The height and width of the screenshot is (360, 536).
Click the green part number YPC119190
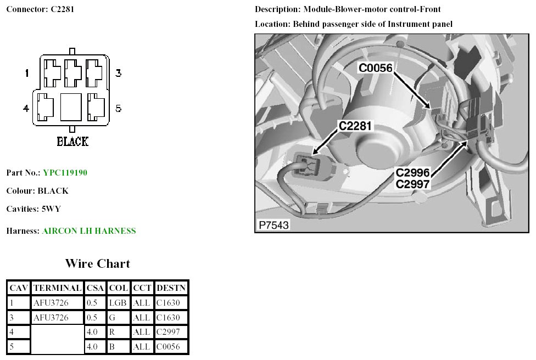tap(65, 173)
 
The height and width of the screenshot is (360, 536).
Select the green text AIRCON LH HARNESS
tap(89, 231)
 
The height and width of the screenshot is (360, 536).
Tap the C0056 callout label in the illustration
tap(376, 68)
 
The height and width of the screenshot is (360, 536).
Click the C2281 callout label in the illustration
tap(355, 126)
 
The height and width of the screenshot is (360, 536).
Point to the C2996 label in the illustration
tap(412, 173)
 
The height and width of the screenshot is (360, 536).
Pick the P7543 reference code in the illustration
tap(273, 225)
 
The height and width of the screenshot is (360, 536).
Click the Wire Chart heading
tap(98, 263)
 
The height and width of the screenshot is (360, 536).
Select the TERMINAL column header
tap(57, 288)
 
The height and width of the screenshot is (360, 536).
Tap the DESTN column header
tap(171, 288)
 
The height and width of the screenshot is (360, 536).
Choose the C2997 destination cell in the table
tap(171, 332)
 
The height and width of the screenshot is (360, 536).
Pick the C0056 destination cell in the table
tap(171, 347)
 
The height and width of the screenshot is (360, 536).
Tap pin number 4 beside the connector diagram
tap(26, 109)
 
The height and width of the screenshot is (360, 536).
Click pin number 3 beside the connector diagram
tap(118, 73)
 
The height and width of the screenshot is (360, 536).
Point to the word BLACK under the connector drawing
tap(72, 142)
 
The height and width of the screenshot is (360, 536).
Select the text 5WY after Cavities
tap(51, 209)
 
